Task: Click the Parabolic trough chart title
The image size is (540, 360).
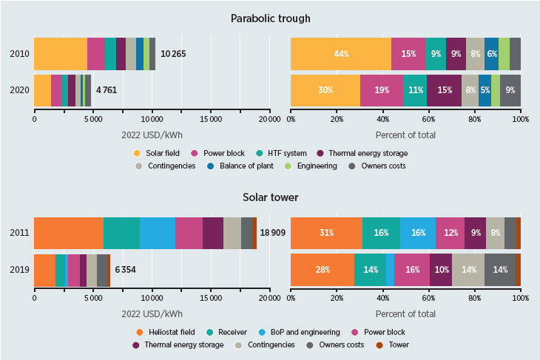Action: (x=270, y=18)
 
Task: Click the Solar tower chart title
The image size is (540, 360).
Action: (x=270, y=197)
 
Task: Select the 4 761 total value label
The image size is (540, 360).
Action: (x=107, y=90)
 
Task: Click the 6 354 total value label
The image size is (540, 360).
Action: (x=125, y=269)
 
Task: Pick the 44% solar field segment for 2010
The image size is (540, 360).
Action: (x=340, y=53)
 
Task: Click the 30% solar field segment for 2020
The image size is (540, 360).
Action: (x=325, y=90)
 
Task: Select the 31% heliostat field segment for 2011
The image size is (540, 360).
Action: (x=326, y=233)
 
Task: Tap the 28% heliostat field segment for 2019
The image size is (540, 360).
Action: (x=323, y=269)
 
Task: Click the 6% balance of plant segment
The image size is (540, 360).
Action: (x=492, y=53)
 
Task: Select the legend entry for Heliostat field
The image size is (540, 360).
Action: (x=167, y=332)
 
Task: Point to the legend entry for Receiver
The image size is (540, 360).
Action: (x=246, y=332)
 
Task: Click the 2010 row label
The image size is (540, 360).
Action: (x=19, y=53)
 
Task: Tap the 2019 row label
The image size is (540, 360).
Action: (x=19, y=269)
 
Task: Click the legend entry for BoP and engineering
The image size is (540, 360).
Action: (x=321, y=332)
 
